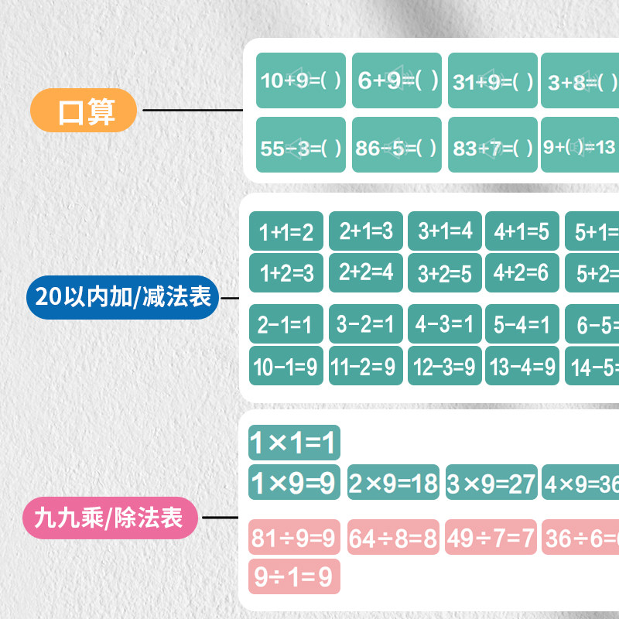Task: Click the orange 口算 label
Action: coord(84,111)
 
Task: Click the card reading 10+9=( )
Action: coord(301,80)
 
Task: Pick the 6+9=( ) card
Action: coord(397,80)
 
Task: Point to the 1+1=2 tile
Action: coord(286,231)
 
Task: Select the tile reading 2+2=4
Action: coord(366,272)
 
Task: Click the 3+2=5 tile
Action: coord(445,272)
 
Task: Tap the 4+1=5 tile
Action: coord(522,231)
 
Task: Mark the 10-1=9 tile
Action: coord(286,366)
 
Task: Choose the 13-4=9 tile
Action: coord(522,366)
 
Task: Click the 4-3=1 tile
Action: coord(445,324)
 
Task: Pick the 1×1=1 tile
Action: coord(294,443)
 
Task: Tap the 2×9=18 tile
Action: coord(393,483)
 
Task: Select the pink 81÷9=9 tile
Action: coord(294,537)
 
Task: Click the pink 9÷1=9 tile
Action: coord(294,576)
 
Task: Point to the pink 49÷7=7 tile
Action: coord(491,537)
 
